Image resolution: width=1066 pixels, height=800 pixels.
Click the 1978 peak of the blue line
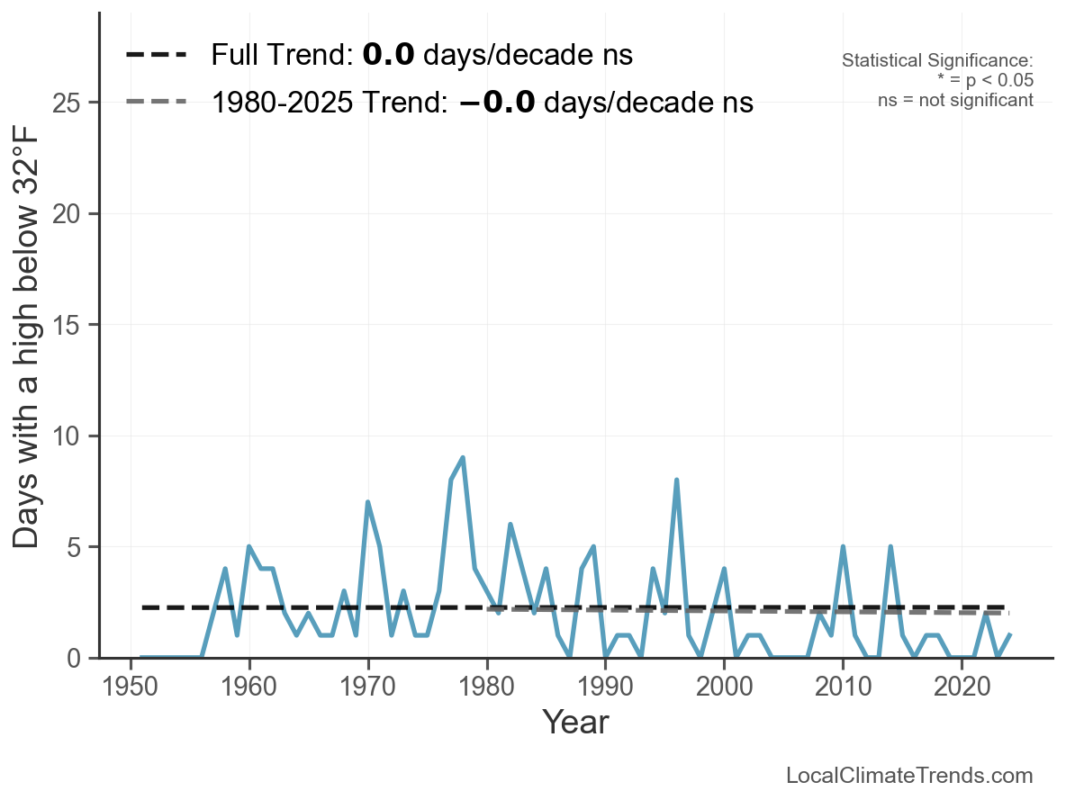point(463,458)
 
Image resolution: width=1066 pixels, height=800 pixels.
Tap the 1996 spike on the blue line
point(676,481)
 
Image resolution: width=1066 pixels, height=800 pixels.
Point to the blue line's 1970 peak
point(368,502)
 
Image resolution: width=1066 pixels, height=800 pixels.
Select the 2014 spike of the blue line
point(890,547)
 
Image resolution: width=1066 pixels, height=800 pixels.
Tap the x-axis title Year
point(574,723)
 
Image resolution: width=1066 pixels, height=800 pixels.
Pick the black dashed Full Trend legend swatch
point(157,55)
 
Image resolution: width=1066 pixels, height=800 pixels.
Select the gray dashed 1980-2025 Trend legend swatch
point(157,102)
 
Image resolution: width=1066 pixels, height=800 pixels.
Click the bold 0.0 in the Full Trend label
point(388,55)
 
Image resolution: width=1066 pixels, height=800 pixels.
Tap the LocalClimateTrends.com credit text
point(909,776)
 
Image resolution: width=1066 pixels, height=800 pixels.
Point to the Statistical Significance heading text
point(937,61)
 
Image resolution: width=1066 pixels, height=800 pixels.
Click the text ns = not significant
point(955,100)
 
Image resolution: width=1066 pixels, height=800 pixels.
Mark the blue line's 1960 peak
point(249,547)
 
